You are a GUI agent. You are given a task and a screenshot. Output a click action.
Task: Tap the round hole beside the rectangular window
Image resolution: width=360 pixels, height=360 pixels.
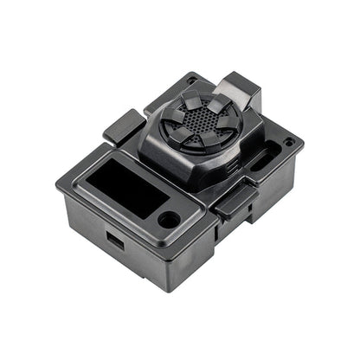coord(170,220)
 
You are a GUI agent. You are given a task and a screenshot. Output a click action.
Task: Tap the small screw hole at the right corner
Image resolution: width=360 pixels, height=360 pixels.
coord(288,140)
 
